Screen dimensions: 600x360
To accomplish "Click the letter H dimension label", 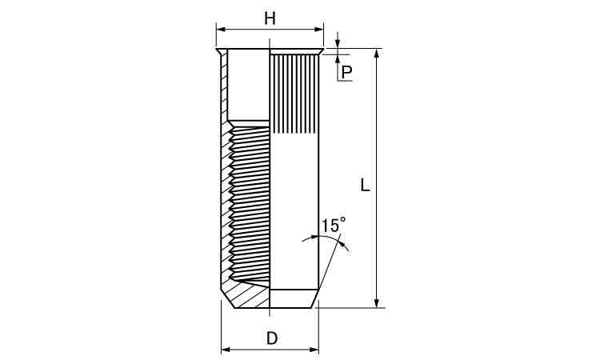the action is point(270,18).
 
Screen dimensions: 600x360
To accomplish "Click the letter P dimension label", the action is point(346,72).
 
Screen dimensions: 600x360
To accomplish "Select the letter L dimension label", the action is point(365,185).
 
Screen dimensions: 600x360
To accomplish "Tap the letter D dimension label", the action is point(272,338).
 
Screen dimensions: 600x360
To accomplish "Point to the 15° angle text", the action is point(334,225).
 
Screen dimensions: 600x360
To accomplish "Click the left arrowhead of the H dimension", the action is point(221,29).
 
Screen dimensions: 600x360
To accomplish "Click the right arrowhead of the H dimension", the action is point(319,29).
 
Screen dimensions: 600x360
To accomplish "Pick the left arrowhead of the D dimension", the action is point(226,350).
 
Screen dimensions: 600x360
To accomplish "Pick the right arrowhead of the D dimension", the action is point(314,350).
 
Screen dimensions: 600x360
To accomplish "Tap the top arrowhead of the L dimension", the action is point(377,54).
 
